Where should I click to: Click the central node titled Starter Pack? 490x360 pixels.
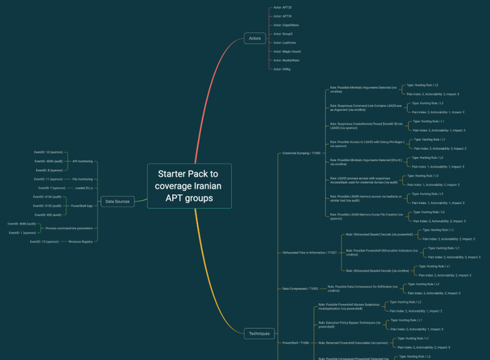[190, 186]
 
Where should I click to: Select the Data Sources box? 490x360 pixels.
[117, 202]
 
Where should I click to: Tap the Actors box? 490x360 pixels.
[254, 38]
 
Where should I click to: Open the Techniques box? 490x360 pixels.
[259, 333]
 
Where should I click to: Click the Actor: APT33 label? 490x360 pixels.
[282, 7]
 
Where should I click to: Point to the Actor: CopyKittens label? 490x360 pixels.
[286, 25]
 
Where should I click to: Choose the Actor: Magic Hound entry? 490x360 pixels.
[287, 52]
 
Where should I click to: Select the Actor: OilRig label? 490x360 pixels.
[282, 69]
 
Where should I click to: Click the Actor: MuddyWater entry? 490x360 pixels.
[286, 60]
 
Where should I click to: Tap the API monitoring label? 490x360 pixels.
[83, 161]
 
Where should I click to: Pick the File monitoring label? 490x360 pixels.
[83, 179]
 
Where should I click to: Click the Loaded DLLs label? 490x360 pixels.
[84, 188]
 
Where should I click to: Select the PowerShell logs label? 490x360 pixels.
[81, 206]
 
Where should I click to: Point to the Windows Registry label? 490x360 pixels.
[81, 242]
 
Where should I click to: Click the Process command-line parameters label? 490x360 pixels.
[69, 228]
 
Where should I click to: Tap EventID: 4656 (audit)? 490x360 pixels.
[49, 161]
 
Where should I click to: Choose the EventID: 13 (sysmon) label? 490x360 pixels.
[45, 242]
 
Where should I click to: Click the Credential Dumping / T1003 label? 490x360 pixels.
[301, 153]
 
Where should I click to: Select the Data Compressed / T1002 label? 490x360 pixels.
[300, 289]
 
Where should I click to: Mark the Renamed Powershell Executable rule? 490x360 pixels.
[352, 343]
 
